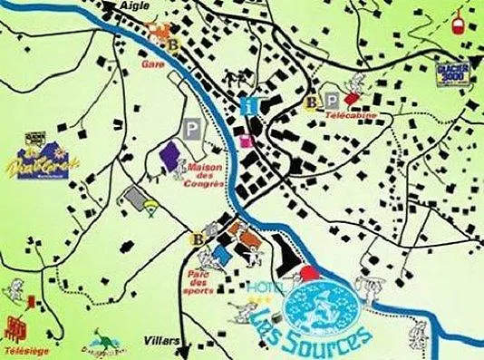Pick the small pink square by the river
coord(246,141)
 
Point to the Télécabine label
coord(349,118)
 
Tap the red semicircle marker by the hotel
coord(311,271)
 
